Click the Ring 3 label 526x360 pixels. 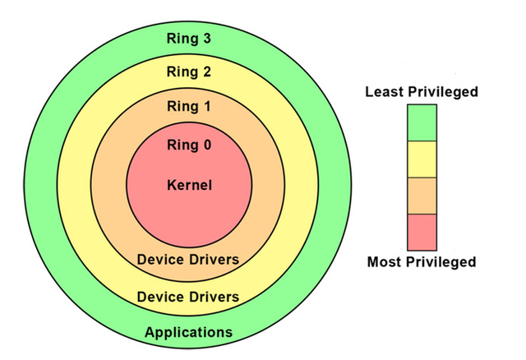coord(189,38)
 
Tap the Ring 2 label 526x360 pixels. coord(189,72)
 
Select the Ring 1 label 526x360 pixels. coord(189,107)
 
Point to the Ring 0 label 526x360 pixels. coord(189,145)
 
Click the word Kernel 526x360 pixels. coord(189,185)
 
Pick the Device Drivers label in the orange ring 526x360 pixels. coord(188,260)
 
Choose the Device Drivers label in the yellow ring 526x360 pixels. coord(188,296)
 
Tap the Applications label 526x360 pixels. coord(188,332)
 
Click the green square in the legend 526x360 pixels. coord(422,123)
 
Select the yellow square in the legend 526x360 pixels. coord(422,159)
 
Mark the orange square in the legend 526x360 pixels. coord(422,196)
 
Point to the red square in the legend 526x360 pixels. coord(422,231)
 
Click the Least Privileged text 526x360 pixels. coord(421,92)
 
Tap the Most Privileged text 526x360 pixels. coord(422,262)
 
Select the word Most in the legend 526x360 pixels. coord(383,262)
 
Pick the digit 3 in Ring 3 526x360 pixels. coord(207,38)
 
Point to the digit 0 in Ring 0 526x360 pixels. coord(206,145)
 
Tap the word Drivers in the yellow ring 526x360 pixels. coord(214,296)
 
